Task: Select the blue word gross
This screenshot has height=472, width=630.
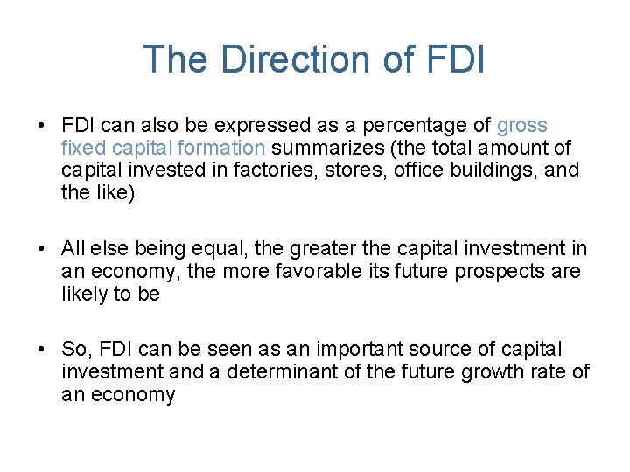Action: tap(521, 126)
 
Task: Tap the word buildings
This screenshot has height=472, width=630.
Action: tap(490, 170)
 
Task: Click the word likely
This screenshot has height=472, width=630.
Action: tap(86, 294)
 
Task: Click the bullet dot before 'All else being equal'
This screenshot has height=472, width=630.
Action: tap(42, 250)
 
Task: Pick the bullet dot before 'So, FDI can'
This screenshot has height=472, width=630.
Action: tap(42, 351)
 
